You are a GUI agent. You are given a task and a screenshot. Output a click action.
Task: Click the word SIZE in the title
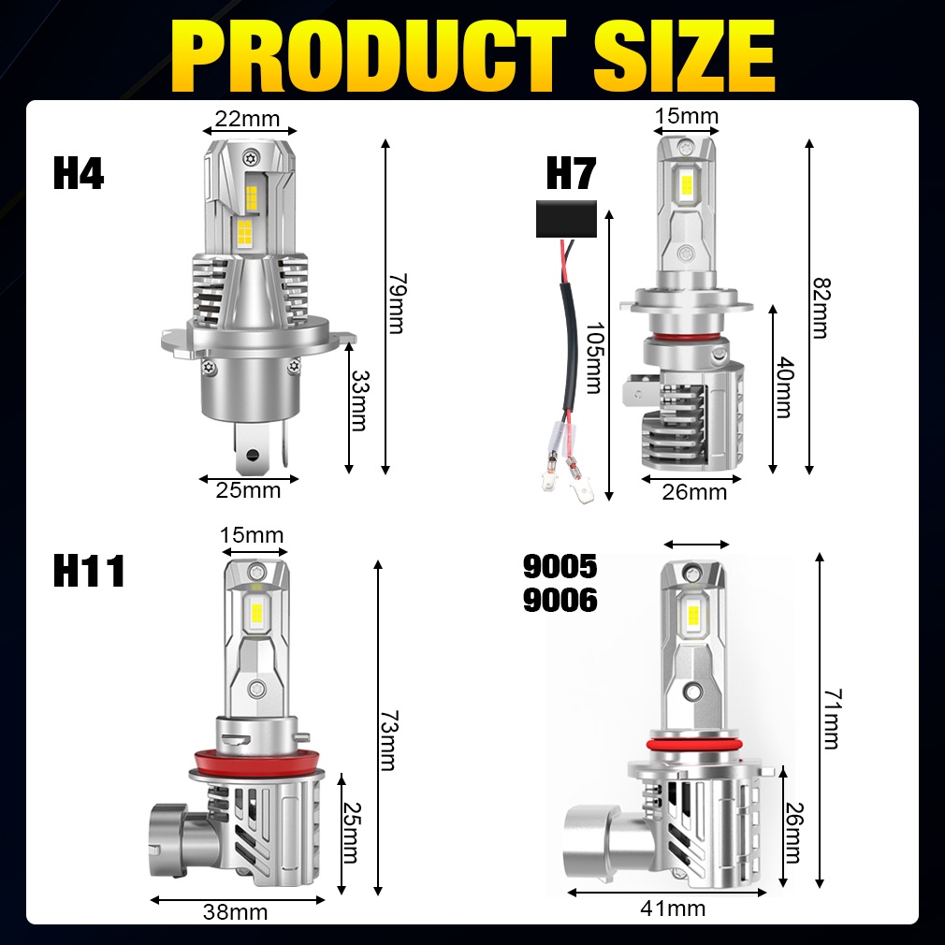tap(684, 55)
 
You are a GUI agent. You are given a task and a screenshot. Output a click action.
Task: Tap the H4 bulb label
tap(79, 173)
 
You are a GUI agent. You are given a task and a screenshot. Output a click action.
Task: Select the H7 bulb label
tap(571, 173)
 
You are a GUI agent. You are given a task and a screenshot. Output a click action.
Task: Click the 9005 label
tap(560, 566)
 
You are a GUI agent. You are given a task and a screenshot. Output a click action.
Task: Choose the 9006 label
tap(560, 600)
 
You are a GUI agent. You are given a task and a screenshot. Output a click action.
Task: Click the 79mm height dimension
tap(397, 303)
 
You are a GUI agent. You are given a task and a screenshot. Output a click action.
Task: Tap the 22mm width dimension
tap(248, 119)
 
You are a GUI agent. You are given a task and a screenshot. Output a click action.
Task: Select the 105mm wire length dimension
tap(594, 357)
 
